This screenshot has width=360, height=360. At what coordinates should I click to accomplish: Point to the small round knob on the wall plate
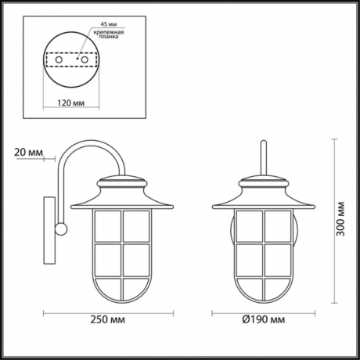(x=60, y=229)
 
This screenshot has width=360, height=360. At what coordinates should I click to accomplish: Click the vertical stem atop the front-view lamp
(x=263, y=157)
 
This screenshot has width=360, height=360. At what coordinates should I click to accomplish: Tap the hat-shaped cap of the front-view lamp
(x=263, y=192)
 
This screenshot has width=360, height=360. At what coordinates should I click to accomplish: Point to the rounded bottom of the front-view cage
(x=263, y=290)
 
